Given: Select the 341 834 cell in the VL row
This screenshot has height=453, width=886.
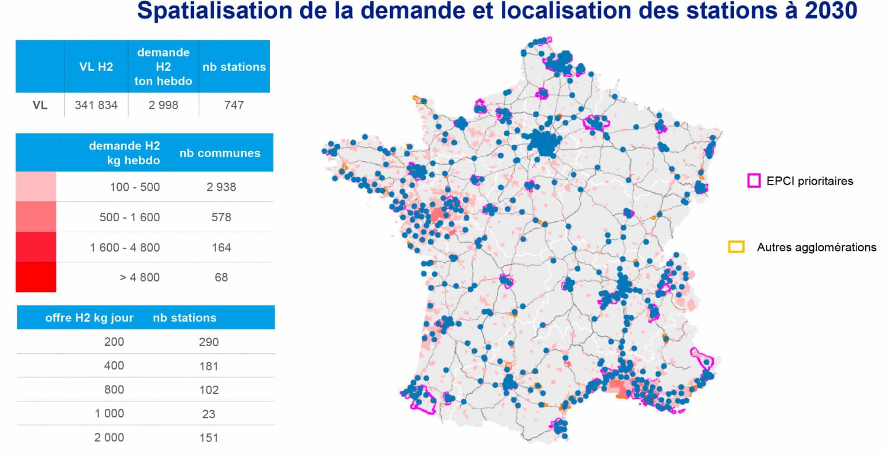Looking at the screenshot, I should pos(96,105).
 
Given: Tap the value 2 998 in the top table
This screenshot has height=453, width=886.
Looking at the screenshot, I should pos(163,105).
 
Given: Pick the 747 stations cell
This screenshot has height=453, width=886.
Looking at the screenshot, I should pos(234,105).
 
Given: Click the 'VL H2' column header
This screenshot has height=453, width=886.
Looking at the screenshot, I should pos(96,67).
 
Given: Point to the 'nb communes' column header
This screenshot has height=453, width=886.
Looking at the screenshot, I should pos(220,153).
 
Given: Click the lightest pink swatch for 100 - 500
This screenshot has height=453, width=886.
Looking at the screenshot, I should pos(36,187).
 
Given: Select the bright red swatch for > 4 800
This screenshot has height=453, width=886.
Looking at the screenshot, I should pos(36,277).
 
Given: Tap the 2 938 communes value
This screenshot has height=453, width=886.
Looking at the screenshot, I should pos(221,187).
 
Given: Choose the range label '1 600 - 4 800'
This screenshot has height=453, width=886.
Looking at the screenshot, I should pos(125,248).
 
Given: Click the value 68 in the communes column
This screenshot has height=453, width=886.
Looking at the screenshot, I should pos(221,278).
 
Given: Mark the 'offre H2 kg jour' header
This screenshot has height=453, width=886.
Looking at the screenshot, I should pos(89,318).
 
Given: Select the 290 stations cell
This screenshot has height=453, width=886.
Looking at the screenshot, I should pos(209,342).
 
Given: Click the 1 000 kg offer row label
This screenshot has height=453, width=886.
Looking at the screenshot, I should pos(109,414).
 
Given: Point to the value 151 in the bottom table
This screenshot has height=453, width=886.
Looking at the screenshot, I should pos(209,438).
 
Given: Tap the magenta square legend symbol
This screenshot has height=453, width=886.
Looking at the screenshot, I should pos(754,181).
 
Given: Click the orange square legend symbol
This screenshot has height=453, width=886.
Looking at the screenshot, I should pos(736,247).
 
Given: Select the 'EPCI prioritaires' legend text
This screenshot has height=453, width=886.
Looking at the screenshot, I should pos(809,181).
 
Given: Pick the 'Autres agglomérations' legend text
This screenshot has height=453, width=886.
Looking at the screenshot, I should pos(816,247).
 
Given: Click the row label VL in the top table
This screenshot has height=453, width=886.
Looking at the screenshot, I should pos(40,105).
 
